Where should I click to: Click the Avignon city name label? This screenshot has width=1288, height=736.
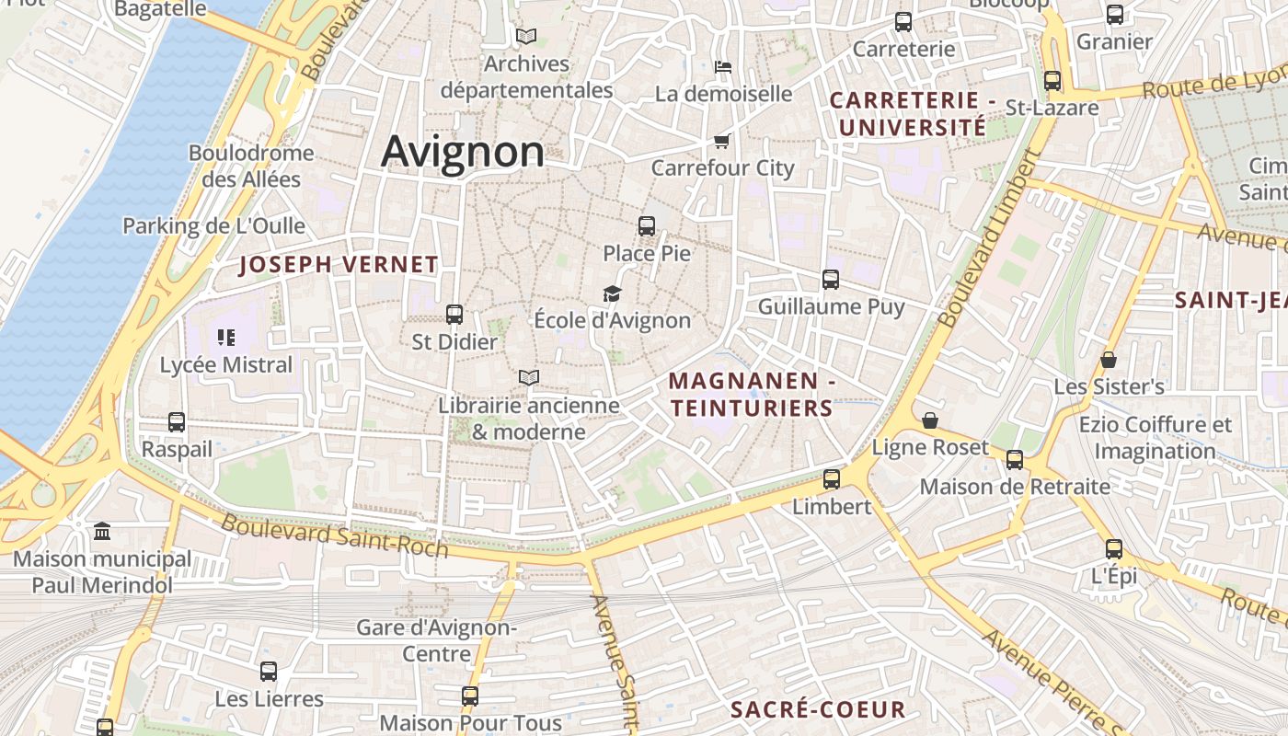[462, 151]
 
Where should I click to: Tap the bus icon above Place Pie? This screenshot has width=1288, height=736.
[647, 225]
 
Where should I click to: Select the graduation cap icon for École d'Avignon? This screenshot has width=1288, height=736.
[612, 293]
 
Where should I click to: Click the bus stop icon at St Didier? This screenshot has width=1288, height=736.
[454, 315]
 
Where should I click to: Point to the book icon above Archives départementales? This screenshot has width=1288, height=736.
[526, 36]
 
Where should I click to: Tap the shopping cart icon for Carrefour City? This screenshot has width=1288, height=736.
[722, 141]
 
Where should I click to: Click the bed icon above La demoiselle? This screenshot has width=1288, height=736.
[723, 66]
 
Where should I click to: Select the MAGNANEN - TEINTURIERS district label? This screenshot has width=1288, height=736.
[751, 394]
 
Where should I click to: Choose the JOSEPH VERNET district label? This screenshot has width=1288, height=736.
[339, 265]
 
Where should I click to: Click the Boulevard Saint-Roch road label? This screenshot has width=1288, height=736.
[335, 536]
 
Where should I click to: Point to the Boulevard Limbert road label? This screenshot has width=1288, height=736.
[989, 239]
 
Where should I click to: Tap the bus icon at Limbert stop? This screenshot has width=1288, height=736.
[832, 479]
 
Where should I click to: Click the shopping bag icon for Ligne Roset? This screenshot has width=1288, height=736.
[930, 420]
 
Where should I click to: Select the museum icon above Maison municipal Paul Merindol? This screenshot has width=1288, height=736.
[102, 532]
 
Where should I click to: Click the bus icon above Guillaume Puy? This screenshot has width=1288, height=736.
[831, 280]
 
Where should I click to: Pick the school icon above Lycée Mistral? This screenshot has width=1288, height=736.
[226, 338]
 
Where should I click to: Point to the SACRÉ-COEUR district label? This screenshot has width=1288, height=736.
[818, 709]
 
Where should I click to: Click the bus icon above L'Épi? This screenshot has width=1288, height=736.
[1114, 549]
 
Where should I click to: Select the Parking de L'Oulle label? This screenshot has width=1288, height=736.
[213, 225]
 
